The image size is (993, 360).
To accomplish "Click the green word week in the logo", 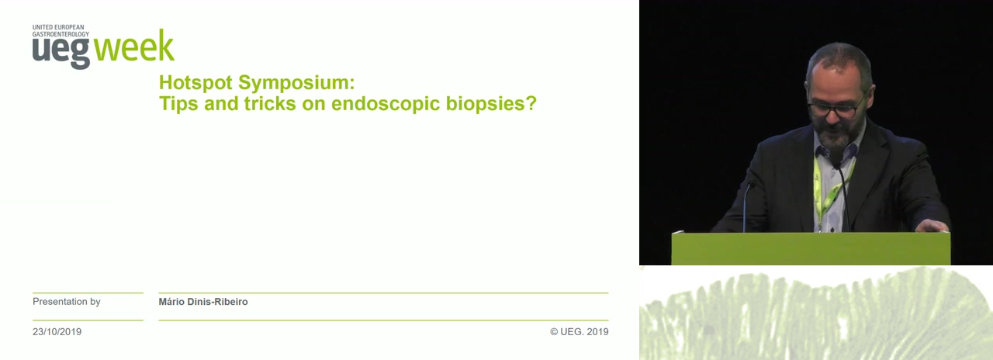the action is click(134, 46).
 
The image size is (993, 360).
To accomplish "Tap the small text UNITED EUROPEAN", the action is click(58, 27).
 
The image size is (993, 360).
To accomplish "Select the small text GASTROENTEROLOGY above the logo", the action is click(61, 34).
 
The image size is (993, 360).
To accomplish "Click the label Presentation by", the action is click(67, 302).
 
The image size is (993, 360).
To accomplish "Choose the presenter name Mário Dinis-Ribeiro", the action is click(203, 302).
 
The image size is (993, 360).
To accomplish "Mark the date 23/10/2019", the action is click(57, 331).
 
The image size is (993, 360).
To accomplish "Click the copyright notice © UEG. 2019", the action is click(579, 331).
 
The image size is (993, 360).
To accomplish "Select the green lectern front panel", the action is click(811, 248).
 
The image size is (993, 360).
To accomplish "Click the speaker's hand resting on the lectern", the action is click(932, 226).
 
